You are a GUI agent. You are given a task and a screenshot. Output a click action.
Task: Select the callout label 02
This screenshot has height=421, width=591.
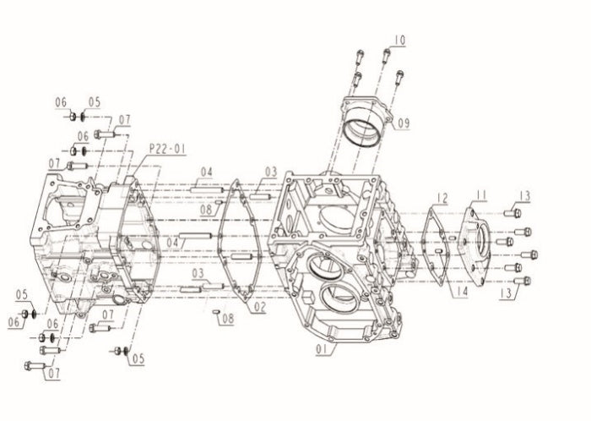tap(259, 308)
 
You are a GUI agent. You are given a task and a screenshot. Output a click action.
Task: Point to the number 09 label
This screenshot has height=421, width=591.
tap(403, 123)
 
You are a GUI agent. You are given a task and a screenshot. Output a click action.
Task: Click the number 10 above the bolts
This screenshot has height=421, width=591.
tap(399, 40)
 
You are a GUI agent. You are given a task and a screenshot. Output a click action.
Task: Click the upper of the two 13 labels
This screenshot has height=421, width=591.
tap(524, 196)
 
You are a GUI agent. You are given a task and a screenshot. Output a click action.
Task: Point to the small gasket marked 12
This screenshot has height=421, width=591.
tap(436, 241)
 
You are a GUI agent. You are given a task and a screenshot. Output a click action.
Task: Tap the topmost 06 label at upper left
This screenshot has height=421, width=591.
tap(62, 102)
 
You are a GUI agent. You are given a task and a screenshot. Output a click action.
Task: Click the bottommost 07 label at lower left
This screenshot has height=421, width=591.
tap(54, 373)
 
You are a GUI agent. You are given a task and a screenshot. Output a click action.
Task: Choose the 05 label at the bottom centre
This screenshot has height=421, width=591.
tap(138, 358)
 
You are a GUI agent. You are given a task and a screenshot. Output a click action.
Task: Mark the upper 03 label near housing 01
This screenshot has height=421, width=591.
tap(270, 172)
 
